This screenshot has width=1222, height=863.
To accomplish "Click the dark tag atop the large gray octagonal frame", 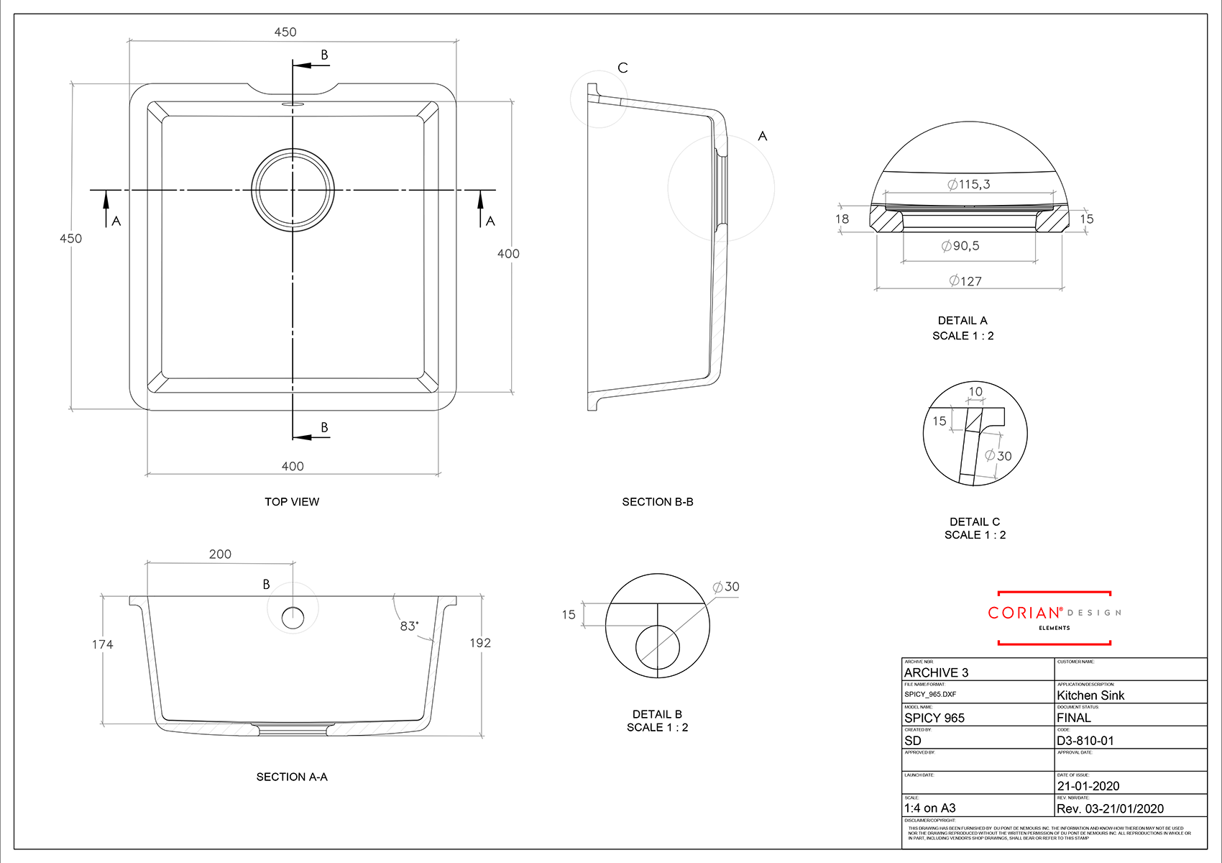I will tap(285, 32).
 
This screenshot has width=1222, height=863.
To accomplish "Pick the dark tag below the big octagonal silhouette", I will tap(293, 460).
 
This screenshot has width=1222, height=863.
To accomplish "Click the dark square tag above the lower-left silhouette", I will tap(220, 536).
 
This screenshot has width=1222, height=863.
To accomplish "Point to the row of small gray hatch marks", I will tap(204, 725).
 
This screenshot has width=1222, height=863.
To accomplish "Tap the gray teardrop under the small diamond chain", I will tap(293, 616).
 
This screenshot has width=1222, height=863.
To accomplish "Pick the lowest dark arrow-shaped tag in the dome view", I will tap(975, 277).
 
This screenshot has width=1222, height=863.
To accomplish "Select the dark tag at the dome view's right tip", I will tap(1085, 220).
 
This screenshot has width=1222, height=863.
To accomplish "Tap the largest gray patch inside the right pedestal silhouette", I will tap(998, 453).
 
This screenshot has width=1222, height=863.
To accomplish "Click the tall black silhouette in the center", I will tap(661, 288).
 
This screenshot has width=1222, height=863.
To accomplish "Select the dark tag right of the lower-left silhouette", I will tap(487, 643).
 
